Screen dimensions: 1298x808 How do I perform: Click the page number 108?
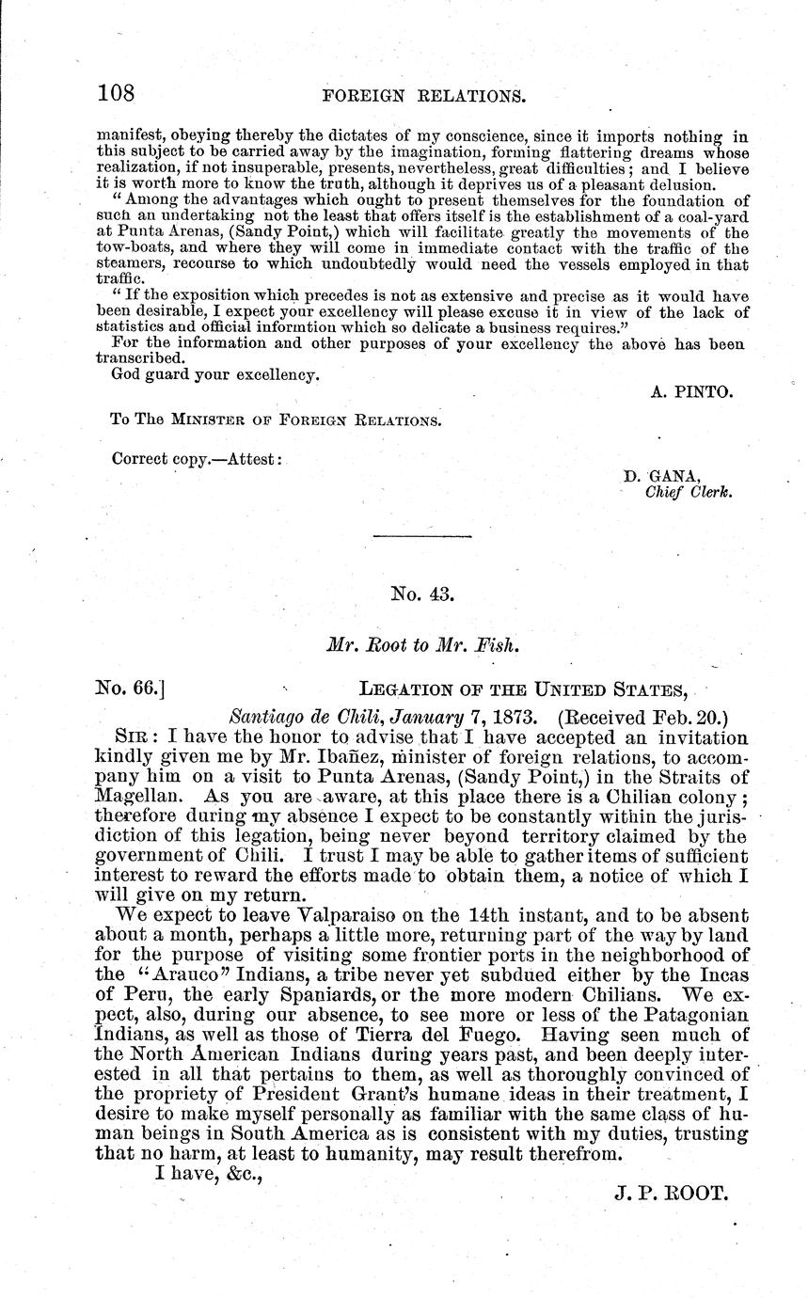click(117, 93)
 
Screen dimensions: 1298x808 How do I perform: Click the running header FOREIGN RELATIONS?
click(422, 95)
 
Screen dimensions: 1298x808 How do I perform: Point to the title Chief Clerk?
click(682, 491)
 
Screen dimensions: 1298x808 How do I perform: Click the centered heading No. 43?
click(422, 594)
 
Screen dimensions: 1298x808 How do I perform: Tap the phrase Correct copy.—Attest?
click(196, 459)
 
